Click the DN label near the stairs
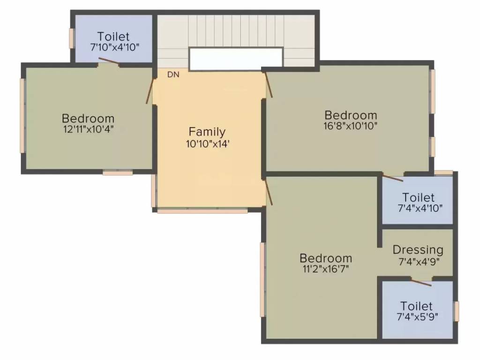(173, 74)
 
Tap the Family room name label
(207, 132)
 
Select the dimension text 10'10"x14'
(207, 144)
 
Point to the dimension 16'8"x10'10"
(351, 126)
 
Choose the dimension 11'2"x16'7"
(326, 269)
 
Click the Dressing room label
(418, 249)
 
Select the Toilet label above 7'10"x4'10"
(113, 36)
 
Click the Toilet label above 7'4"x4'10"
(418, 197)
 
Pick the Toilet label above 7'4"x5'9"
(417, 306)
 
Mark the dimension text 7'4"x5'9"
(417, 317)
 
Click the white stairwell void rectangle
(236, 59)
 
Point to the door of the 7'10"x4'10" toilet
(108, 61)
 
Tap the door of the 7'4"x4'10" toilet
(392, 177)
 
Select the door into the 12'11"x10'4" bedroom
(150, 90)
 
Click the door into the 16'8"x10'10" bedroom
(269, 84)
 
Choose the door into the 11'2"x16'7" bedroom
(269, 192)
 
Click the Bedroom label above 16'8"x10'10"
(351, 115)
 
